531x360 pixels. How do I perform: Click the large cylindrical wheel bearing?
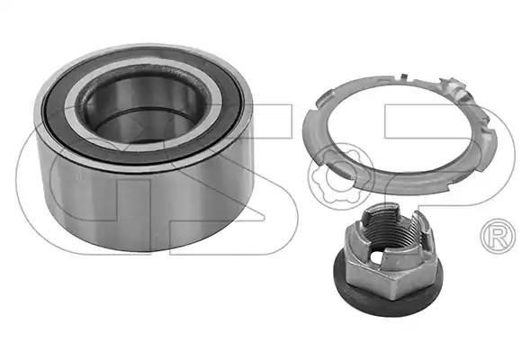pos(144,148)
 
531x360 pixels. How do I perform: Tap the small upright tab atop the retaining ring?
pos(403,76)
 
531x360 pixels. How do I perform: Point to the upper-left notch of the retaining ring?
pos(324,97)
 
